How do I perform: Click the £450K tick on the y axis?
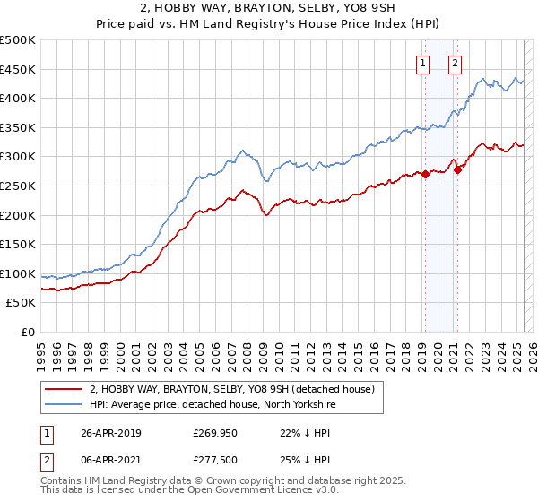tap(17, 69)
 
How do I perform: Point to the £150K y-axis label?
tap(17, 244)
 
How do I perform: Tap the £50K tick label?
tap(21, 303)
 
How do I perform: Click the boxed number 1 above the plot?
tap(422, 63)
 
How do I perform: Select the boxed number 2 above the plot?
tap(456, 63)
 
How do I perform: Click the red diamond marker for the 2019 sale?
tap(425, 175)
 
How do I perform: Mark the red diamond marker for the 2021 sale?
tap(456, 169)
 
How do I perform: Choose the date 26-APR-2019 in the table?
tap(110, 433)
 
